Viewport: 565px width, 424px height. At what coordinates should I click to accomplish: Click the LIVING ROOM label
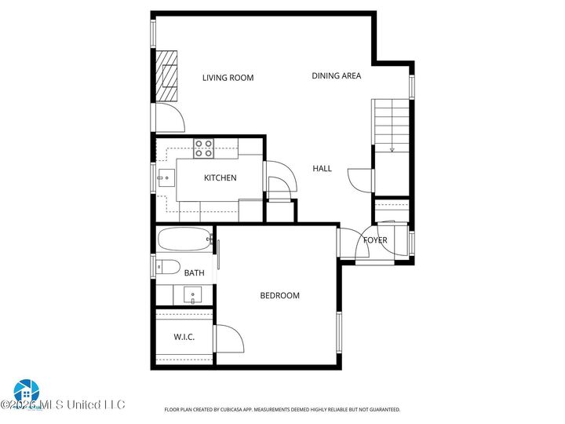pos(228,78)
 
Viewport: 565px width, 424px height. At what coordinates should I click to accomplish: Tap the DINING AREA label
pos(336,76)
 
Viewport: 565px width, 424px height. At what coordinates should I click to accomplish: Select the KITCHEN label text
pos(220,178)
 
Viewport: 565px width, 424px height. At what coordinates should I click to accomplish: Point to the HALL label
pos(322,169)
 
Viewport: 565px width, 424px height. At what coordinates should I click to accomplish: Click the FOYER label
pos(375,240)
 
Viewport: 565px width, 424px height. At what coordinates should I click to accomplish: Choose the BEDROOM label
pos(279,296)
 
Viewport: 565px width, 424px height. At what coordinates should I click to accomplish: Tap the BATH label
pos(194,273)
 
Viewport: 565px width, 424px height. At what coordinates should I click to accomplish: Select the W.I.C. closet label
pos(184,338)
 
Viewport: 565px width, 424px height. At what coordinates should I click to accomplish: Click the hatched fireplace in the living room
pos(166,77)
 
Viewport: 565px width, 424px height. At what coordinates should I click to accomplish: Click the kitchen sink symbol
pos(164,178)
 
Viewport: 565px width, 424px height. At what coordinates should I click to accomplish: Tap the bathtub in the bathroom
pos(185,239)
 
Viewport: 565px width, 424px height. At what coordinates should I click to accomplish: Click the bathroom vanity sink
pos(193,296)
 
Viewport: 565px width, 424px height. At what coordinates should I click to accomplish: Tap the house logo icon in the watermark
pos(26,390)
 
